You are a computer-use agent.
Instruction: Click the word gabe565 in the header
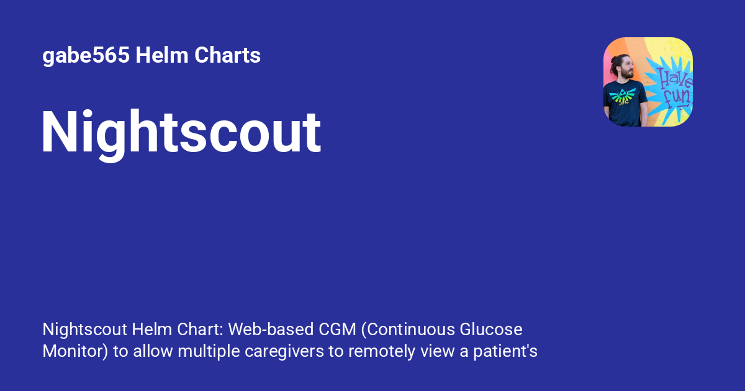pos(86,56)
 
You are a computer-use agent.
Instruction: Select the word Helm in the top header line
pos(161,56)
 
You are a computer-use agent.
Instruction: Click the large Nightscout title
pos(181,133)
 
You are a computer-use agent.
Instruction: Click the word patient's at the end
pos(507,352)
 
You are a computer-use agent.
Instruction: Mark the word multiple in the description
pos(206,352)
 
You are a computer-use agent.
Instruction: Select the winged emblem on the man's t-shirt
pos(623,96)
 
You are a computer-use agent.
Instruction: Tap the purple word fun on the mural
pos(679,97)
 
